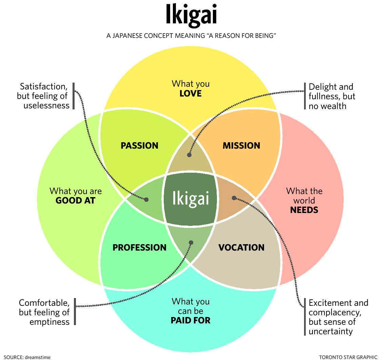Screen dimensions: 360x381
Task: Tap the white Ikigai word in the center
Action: [x=190, y=198]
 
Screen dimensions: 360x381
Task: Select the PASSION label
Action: [x=139, y=146]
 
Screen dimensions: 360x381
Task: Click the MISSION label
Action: [x=241, y=146]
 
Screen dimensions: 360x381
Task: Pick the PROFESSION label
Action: [x=139, y=248]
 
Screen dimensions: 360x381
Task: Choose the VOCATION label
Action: [x=241, y=248]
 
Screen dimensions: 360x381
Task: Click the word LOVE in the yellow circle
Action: [x=190, y=93]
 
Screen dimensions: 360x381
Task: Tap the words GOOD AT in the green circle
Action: [x=75, y=200]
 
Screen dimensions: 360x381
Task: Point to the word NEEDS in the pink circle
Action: [x=304, y=210]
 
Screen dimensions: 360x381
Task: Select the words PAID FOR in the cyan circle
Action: [x=190, y=320]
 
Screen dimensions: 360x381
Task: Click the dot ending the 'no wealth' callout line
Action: [x=189, y=155]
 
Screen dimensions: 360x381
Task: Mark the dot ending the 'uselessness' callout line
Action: [x=146, y=199]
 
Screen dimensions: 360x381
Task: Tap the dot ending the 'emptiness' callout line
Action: [x=191, y=242]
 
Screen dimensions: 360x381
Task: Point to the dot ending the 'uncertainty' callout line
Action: [x=234, y=198]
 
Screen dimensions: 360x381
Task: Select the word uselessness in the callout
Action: [x=46, y=105]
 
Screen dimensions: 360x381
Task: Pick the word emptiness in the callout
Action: [x=49, y=321]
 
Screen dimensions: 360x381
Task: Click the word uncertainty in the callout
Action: [x=330, y=331]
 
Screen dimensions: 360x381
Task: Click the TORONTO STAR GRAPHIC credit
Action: [x=348, y=357]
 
